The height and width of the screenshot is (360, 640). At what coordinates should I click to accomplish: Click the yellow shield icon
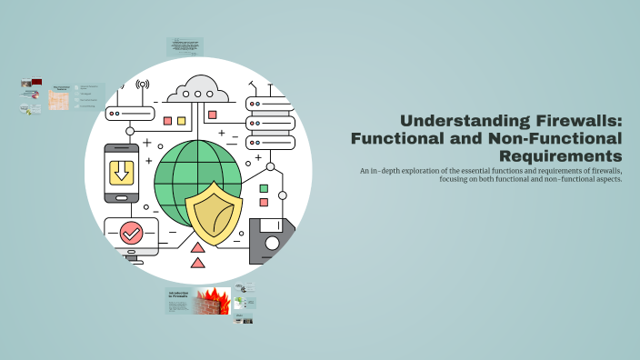pos(215,214)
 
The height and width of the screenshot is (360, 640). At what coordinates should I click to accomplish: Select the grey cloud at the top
pos(197,89)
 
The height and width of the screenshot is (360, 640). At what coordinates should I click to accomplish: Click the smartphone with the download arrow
pos(121,173)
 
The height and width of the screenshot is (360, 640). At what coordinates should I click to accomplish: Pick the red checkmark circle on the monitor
pos(131,233)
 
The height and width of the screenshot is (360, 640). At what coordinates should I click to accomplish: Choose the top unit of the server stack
pos(270,105)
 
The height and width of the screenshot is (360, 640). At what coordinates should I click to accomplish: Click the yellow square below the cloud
pos(181,120)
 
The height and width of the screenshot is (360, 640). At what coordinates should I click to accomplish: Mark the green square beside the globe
pos(265,188)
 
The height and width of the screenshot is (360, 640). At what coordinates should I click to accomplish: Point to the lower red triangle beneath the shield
pos(197,264)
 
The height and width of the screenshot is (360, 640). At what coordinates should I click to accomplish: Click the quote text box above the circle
pos(185,45)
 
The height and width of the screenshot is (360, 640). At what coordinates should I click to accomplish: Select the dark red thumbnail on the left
pos(37,83)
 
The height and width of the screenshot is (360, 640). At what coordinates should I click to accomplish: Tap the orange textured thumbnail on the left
pos(59,98)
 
